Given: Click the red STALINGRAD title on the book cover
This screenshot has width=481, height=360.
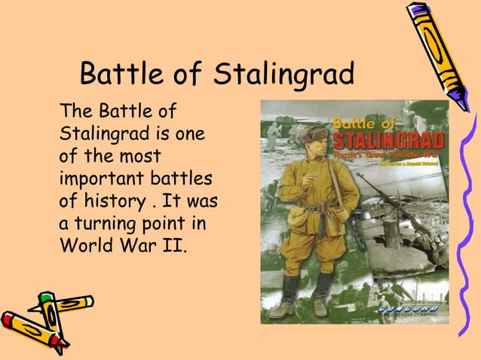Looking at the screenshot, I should [x=389, y=142].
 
